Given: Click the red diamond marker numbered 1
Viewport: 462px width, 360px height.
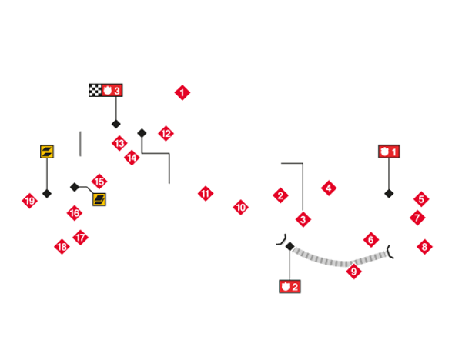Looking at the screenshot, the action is tap(182, 93).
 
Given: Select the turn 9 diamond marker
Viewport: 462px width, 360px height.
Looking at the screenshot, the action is tap(354, 271).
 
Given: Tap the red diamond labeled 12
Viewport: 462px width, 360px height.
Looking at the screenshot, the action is tap(166, 133).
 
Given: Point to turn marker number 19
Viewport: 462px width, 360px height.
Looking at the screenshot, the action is tap(30, 201).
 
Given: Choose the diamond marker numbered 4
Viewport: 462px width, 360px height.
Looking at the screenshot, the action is tap(329, 188).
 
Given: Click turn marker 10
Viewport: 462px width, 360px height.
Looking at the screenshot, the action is tap(241, 207).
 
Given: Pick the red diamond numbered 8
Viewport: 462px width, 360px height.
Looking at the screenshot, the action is tap(424, 247).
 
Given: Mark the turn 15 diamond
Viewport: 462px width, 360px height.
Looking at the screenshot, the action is tap(99, 182).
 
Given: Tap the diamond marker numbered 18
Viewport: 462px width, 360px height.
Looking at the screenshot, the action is tap(62, 247).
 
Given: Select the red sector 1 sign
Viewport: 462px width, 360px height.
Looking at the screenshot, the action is tap(389, 152).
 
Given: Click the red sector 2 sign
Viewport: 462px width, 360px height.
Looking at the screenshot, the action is tap(290, 286).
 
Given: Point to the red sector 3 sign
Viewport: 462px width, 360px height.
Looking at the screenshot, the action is tap(112, 90).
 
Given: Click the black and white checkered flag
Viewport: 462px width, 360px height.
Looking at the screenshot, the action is tap(95, 90).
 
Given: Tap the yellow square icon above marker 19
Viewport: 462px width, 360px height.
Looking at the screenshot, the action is tap(47, 152).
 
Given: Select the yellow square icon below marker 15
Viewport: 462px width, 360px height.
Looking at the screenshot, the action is tap(99, 199).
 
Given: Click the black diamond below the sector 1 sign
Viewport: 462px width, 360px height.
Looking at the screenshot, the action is tap(389, 194).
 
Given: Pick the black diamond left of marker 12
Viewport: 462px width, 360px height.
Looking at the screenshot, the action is tap(142, 133).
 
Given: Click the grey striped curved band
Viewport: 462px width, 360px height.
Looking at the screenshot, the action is tap(340, 257).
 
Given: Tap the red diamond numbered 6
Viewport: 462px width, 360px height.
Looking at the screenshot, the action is tap(371, 240).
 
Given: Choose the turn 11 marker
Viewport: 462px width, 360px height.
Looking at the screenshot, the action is tap(206, 193).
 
